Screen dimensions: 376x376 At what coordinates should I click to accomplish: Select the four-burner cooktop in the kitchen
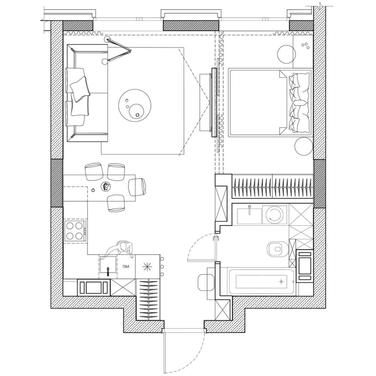click(x=75, y=231)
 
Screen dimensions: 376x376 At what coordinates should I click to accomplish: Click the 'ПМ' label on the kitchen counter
click(x=125, y=266)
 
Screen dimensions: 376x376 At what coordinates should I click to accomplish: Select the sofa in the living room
click(x=87, y=93)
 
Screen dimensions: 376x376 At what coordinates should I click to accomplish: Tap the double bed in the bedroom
click(x=270, y=103)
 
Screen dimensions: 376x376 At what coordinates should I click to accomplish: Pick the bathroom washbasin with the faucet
click(x=249, y=216)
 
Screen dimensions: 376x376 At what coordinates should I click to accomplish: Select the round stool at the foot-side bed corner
click(x=304, y=147)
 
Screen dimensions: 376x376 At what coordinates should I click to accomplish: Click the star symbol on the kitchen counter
click(x=147, y=267)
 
